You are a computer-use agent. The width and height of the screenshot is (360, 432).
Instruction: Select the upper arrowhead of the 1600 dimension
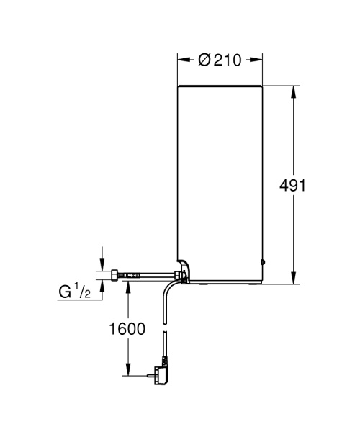pyautogui.click(x=129, y=287)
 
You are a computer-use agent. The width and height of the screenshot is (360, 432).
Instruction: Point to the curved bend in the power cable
pyautogui.click(x=168, y=289)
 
